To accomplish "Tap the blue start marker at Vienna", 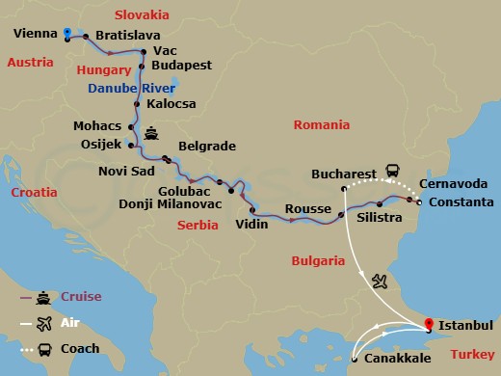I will pyautogui.click(x=66, y=33).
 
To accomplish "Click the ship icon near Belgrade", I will pyautogui.click(x=151, y=132).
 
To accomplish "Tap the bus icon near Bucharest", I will pyautogui.click(x=393, y=169).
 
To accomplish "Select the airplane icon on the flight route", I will pyautogui.click(x=380, y=281).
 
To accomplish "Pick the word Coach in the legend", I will pyautogui.click(x=79, y=348).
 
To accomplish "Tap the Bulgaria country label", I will pyautogui.click(x=318, y=260).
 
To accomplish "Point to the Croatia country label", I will pyautogui.click(x=34, y=193).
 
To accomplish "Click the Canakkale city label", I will pyautogui.click(x=397, y=358).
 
